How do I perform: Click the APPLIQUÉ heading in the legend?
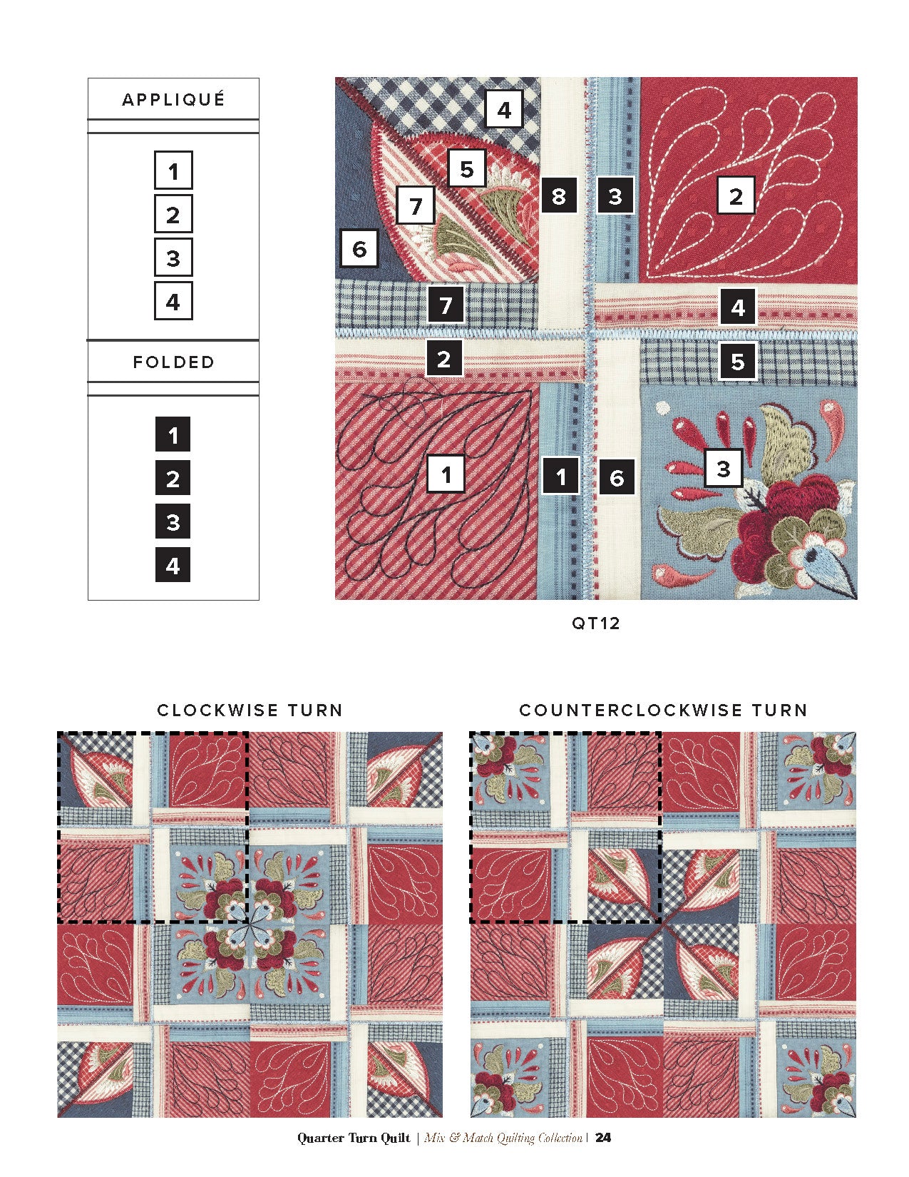pyautogui.click(x=173, y=99)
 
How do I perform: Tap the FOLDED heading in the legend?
pyautogui.click(x=173, y=362)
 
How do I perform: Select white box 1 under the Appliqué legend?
pyautogui.click(x=173, y=170)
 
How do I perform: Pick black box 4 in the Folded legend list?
pyautogui.click(x=173, y=564)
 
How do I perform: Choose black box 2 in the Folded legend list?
pyautogui.click(x=173, y=478)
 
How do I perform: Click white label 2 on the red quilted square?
pyautogui.click(x=736, y=195)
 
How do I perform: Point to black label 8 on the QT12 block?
pyautogui.click(x=559, y=195)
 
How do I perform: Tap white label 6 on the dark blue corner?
pyautogui.click(x=359, y=248)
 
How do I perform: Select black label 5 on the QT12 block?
pyautogui.click(x=737, y=361)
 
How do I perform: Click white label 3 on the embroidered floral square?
pyautogui.click(x=724, y=468)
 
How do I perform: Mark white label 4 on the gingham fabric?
pyautogui.click(x=504, y=109)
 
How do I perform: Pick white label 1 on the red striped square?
pyautogui.click(x=446, y=474)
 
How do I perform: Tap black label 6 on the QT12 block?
pyautogui.click(x=617, y=477)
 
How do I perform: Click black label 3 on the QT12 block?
pyautogui.click(x=615, y=195)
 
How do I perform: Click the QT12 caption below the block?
pyautogui.click(x=595, y=623)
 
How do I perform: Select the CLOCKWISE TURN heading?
pyautogui.click(x=250, y=710)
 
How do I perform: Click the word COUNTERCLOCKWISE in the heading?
pyautogui.click(x=631, y=710)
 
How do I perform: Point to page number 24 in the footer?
pyautogui.click(x=602, y=1138)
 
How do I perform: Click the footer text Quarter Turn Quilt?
pyautogui.click(x=354, y=1138)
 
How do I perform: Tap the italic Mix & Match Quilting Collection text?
pyautogui.click(x=503, y=1138)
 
